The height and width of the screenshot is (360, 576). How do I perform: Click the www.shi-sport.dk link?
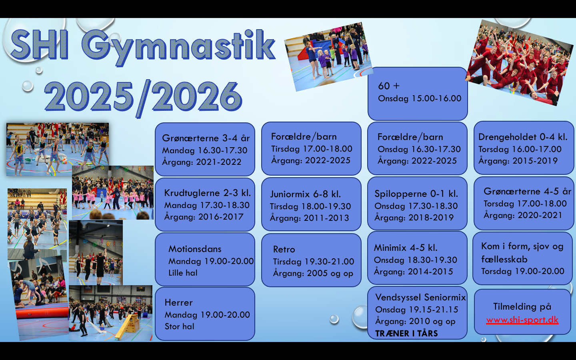coord(522,320)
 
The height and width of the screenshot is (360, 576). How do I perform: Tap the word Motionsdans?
coord(195,249)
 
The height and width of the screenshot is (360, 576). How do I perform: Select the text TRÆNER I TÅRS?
coord(406,333)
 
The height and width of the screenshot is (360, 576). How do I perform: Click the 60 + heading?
coord(388,86)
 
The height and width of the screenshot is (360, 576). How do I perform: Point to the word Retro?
coord(284,249)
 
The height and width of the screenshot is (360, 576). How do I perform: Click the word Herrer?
coord(178,302)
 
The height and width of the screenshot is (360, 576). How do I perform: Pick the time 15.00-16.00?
coord(437,98)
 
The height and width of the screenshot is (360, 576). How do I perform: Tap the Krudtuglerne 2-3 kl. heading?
coord(208,193)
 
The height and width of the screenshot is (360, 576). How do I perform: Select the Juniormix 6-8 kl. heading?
coord(305,194)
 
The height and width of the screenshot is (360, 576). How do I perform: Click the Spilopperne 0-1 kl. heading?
coord(416,194)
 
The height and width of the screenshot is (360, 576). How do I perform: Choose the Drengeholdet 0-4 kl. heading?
coord(523,137)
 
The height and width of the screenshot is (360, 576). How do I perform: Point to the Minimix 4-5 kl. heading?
coord(406,248)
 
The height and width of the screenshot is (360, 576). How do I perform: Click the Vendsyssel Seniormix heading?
coord(420,297)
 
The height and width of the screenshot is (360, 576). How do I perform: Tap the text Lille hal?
coord(183,272)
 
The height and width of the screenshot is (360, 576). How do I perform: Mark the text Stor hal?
coord(180,326)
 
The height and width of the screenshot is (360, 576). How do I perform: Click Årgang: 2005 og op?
coord(313,273)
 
